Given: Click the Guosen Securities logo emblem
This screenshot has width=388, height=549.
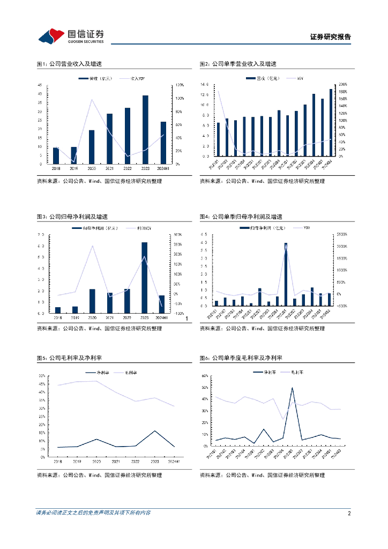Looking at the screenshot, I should tap(51, 36).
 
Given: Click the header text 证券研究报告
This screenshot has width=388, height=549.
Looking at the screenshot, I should tap(331, 37).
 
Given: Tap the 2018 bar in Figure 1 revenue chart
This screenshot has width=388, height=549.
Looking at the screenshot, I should tap(56, 155).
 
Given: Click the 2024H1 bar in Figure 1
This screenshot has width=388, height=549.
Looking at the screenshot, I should tap(163, 142).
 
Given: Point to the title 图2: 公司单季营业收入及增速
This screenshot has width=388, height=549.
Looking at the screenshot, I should tap(238, 64).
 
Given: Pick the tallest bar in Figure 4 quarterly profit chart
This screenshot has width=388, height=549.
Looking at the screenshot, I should tap(286, 274).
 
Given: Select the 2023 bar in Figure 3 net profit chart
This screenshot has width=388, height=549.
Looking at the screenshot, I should tap(145, 278).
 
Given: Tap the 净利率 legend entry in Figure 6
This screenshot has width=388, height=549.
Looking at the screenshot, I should tap(267, 371).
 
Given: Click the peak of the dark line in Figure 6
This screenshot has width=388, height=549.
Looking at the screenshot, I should tap(292, 388).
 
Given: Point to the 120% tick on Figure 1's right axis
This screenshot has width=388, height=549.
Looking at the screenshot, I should tap(180, 85).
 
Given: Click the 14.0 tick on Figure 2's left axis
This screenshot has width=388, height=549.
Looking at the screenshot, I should tap(204, 85).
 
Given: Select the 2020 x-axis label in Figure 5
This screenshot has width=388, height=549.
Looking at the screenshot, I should tap(96, 461).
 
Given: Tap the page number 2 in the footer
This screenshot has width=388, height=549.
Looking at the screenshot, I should tap(349, 513).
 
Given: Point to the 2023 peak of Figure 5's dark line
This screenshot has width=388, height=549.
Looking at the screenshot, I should tap(155, 431).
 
